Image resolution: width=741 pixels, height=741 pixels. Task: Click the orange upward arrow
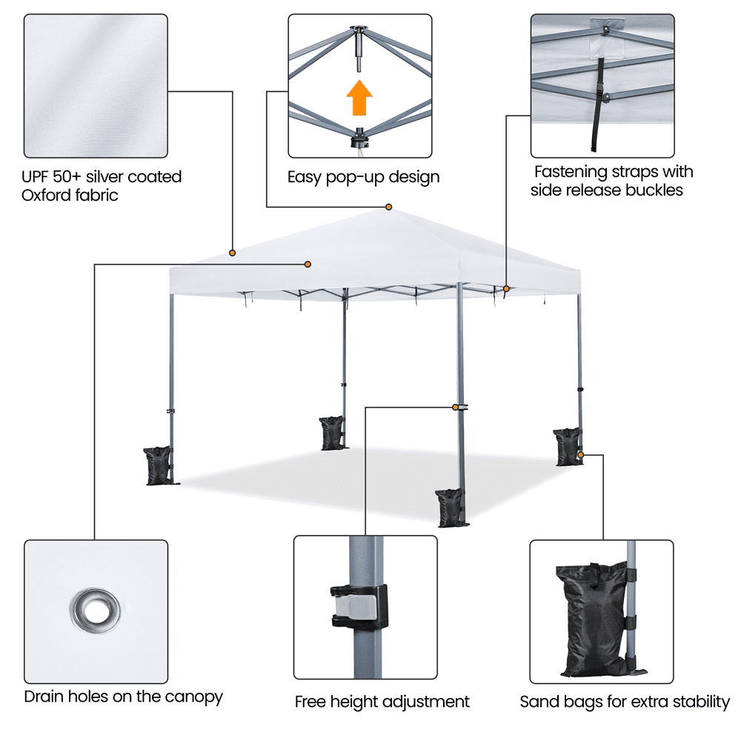click(x=360, y=99)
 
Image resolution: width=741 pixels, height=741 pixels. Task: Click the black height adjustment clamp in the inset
click(x=360, y=605)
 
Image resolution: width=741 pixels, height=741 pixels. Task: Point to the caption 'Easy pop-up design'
click(x=363, y=177)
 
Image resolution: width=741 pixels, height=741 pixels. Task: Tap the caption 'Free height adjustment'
click(x=382, y=701)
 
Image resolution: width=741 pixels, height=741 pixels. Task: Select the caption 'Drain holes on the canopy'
click(x=123, y=697)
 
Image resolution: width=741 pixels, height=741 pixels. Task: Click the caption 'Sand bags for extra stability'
click(x=625, y=701)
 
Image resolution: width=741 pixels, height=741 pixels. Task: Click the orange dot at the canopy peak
click(x=388, y=207)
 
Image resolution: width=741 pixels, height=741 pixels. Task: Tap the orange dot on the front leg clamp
click(x=455, y=407)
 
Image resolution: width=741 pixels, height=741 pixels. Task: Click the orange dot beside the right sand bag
click(x=581, y=455)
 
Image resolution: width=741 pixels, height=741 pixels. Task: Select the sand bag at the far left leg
click(x=157, y=465)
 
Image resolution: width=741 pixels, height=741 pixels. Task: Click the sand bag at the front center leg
click(x=449, y=507)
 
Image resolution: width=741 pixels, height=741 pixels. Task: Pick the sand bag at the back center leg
click(x=331, y=433)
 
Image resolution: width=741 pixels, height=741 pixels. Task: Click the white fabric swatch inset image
click(x=96, y=86)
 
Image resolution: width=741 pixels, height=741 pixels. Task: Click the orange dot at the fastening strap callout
click(x=507, y=288)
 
